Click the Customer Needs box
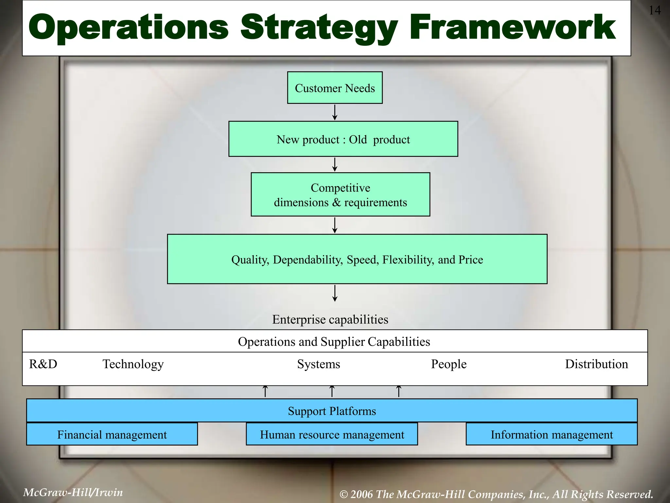pyautogui.click(x=335, y=88)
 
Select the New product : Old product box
pyautogui.click(x=343, y=139)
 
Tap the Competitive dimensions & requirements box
pyautogui.click(x=340, y=195)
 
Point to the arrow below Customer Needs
pyautogui.click(x=335, y=112)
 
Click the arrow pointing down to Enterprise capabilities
pyautogui.click(x=335, y=293)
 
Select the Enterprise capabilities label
pyautogui.click(x=330, y=319)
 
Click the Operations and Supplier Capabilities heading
pyautogui.click(x=334, y=342)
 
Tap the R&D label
pyautogui.click(x=43, y=364)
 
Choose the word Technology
pyautogui.click(x=133, y=364)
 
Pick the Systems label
pyautogui.click(x=318, y=364)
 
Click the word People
pyautogui.click(x=449, y=364)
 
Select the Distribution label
pyautogui.click(x=596, y=364)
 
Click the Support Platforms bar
pyautogui.click(x=332, y=411)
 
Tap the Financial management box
pyautogui.click(x=112, y=435)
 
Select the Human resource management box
pyautogui.click(x=332, y=435)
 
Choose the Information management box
pyautogui.click(x=552, y=435)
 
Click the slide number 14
pyautogui.click(x=654, y=10)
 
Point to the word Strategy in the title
pyautogui.click(x=319, y=28)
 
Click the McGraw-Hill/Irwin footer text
pyautogui.click(x=73, y=492)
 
